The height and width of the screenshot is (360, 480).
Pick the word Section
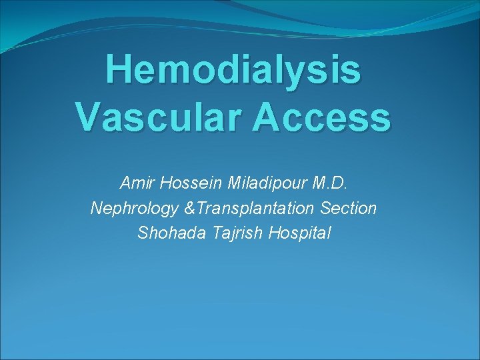(349, 208)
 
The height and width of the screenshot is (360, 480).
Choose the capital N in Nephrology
(95, 208)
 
